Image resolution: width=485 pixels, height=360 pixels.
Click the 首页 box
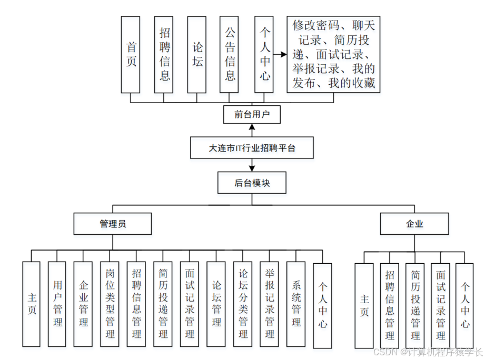(x=131, y=54)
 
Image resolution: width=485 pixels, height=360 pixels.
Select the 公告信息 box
(x=230, y=54)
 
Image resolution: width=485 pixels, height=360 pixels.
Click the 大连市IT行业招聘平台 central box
(x=252, y=148)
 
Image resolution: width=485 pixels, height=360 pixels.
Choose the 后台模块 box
(x=252, y=183)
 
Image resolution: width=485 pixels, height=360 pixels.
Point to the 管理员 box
(x=113, y=224)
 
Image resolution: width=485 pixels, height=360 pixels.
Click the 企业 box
(x=414, y=224)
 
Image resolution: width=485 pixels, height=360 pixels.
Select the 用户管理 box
(x=57, y=304)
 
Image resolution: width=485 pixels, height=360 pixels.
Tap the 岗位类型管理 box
(x=110, y=304)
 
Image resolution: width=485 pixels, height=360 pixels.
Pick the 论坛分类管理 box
(x=243, y=304)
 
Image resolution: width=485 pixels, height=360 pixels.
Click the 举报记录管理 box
(x=270, y=304)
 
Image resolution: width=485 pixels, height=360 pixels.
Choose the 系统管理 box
(x=296, y=304)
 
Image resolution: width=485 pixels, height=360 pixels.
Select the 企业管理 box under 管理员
(x=84, y=304)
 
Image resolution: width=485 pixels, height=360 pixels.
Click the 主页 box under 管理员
(x=32, y=304)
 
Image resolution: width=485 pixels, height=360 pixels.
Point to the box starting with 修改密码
(x=333, y=54)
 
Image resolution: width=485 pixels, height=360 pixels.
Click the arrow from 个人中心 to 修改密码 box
(x=280, y=54)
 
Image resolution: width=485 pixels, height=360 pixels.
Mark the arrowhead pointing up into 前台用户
(x=252, y=126)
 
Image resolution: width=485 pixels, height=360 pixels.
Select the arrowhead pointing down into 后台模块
(x=252, y=169)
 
